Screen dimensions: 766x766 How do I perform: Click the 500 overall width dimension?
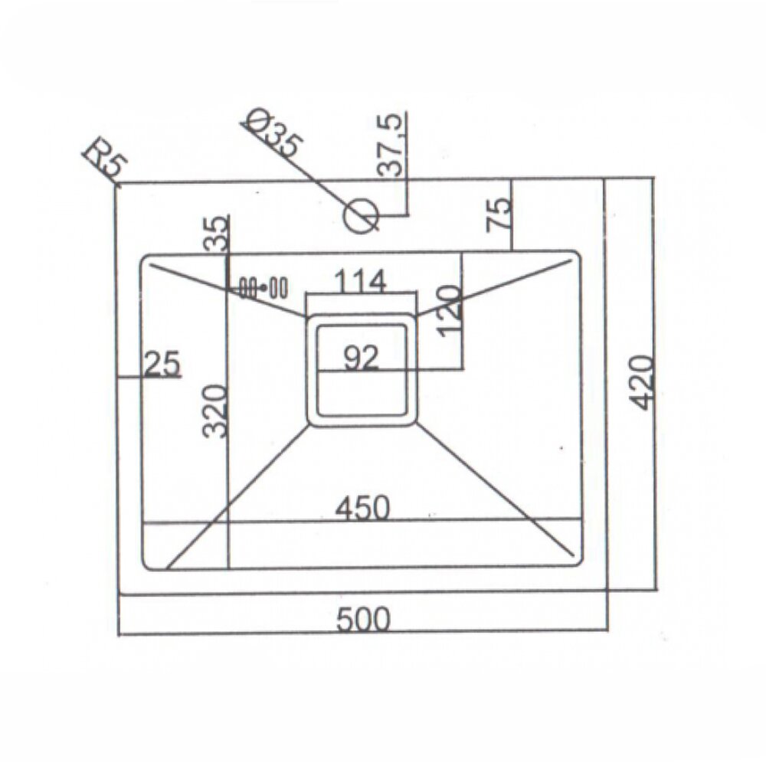(x=363, y=620)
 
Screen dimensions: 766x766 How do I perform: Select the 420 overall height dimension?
(x=641, y=382)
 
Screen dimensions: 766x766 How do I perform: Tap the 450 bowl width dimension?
(x=362, y=508)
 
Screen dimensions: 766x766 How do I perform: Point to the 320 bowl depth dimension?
(x=215, y=411)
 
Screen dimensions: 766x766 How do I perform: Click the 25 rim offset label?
(x=162, y=364)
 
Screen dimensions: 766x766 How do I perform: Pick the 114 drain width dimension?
(x=360, y=281)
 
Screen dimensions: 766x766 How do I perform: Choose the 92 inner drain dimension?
(x=361, y=358)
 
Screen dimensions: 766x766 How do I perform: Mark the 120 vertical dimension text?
(x=450, y=311)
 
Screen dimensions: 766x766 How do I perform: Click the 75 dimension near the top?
(x=499, y=214)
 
